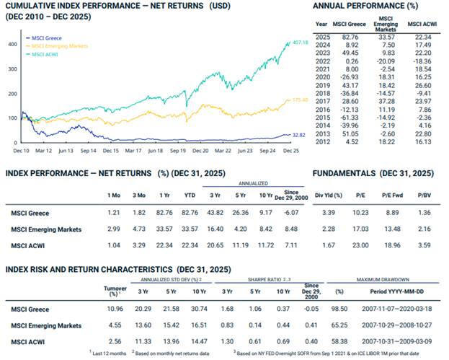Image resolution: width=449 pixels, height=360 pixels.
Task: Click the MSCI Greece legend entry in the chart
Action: [43, 37]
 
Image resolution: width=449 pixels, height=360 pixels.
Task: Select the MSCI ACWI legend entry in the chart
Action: [41, 53]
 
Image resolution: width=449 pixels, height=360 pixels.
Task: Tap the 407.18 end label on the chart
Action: [300, 43]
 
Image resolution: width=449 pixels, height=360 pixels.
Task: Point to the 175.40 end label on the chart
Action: [298, 100]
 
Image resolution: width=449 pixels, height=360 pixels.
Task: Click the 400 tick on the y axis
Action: [12, 44]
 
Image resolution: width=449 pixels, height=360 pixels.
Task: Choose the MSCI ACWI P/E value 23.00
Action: [360, 247]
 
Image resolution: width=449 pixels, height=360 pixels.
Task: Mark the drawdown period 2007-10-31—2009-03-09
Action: [397, 341]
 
